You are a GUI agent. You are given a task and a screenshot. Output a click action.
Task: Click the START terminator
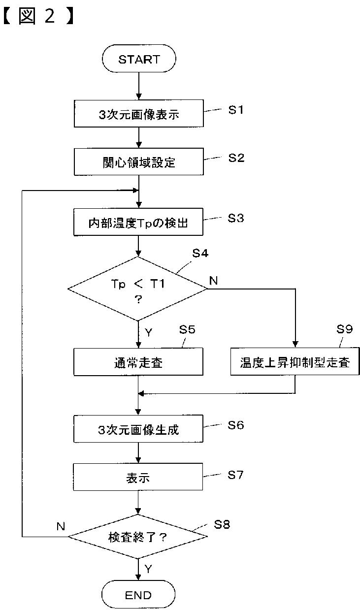[x=139, y=59]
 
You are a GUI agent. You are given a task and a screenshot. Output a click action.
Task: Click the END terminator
[x=138, y=595]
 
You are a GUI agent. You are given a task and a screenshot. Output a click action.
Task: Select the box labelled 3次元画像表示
[x=139, y=114]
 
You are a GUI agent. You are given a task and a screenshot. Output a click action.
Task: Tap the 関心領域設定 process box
[x=139, y=162]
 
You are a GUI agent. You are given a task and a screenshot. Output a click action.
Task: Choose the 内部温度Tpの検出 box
[x=138, y=222]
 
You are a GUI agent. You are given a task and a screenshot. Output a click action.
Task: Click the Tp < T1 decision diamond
[x=137, y=289]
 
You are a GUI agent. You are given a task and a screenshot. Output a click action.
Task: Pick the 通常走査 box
[x=138, y=362]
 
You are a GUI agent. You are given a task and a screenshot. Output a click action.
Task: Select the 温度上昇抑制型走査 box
[x=295, y=361]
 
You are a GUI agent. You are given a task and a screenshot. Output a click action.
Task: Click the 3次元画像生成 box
[x=138, y=429]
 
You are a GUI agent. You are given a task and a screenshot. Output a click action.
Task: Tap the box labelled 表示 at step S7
[x=138, y=477]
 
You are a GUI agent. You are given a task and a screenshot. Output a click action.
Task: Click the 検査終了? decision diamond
[x=138, y=537]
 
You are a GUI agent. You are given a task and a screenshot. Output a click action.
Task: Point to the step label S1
[x=236, y=110]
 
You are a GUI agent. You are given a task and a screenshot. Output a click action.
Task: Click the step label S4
[x=200, y=253]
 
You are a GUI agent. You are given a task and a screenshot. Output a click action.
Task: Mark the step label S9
[x=344, y=329]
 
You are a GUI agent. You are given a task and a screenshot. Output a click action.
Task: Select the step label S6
[x=235, y=425]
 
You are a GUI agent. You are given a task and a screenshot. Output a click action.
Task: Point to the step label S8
[x=222, y=524]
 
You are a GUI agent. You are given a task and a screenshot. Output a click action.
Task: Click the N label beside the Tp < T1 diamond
[x=214, y=281]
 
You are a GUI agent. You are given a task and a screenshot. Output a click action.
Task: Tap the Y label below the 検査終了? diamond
[x=148, y=569]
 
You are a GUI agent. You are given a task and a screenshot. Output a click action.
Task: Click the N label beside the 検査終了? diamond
[x=61, y=526]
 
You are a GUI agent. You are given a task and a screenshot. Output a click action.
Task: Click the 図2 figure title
[x=38, y=16]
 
